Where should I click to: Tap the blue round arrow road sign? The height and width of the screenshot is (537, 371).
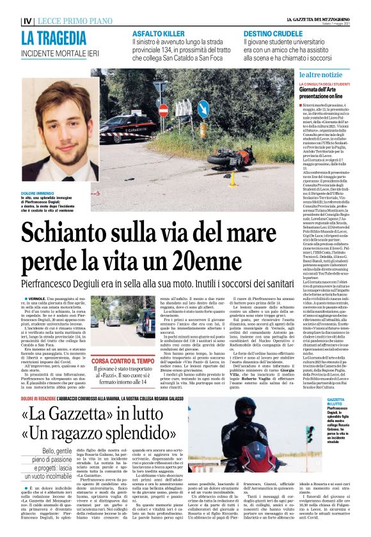pyautogui.click(x=203, y=109)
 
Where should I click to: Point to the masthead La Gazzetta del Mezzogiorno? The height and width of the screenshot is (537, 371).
pyautogui.click(x=303, y=19)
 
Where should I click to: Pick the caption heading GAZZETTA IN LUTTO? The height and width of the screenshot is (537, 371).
pyautogui.click(x=349, y=402)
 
